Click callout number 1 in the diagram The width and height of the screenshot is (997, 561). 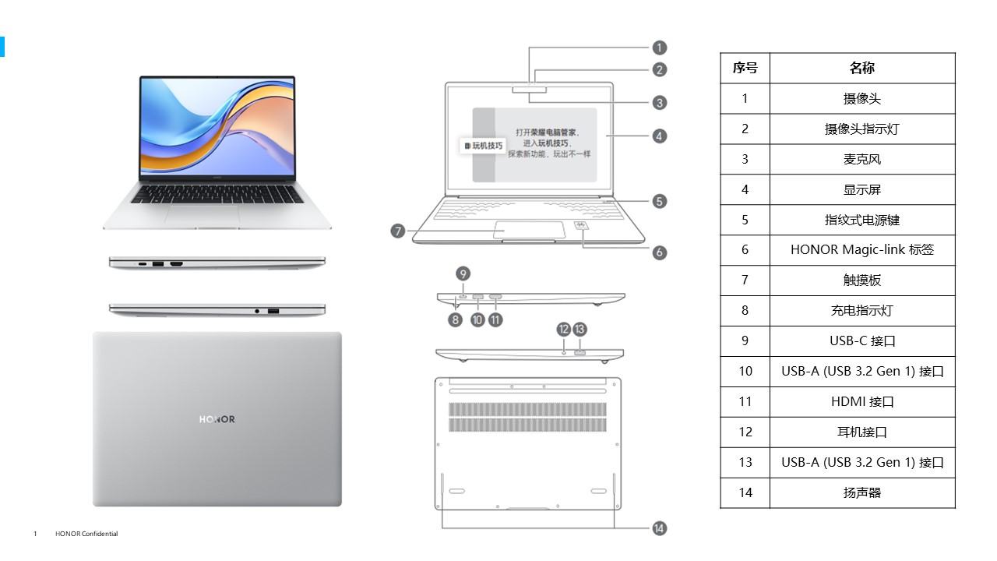click(x=660, y=48)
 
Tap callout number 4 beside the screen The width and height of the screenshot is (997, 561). click(x=660, y=136)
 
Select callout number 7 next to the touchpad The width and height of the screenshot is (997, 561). click(x=398, y=231)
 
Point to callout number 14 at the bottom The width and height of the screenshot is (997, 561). click(x=660, y=529)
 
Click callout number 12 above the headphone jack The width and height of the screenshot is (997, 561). click(x=564, y=329)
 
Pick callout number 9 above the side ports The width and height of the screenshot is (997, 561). click(x=463, y=273)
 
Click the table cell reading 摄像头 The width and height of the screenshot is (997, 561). click(x=861, y=99)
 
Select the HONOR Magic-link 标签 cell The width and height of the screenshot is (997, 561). click(x=861, y=250)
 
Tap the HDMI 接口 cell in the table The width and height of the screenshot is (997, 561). click(x=861, y=402)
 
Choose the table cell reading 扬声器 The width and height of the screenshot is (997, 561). click(x=861, y=493)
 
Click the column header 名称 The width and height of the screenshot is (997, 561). click(x=861, y=69)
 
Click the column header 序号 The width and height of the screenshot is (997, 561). click(x=745, y=69)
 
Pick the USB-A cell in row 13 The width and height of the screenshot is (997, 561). click(x=861, y=463)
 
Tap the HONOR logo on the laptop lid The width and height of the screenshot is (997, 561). click(x=217, y=419)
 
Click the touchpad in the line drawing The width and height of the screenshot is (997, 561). click(x=529, y=230)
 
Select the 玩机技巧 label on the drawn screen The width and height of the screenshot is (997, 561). click(x=484, y=146)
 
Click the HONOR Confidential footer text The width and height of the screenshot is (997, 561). click(x=86, y=534)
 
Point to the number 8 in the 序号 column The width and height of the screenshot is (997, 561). click(x=745, y=311)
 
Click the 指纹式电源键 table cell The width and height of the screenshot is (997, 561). click(x=861, y=220)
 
